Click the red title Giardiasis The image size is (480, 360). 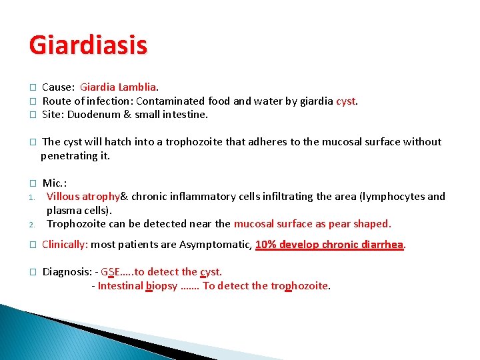point(88,46)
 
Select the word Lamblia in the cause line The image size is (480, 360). point(136,87)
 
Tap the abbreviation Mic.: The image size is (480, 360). point(55,183)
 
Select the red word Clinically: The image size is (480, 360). point(65,245)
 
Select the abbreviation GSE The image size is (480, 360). point(111,272)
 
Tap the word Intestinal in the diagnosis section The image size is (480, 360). point(121,286)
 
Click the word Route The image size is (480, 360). point(56,101)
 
